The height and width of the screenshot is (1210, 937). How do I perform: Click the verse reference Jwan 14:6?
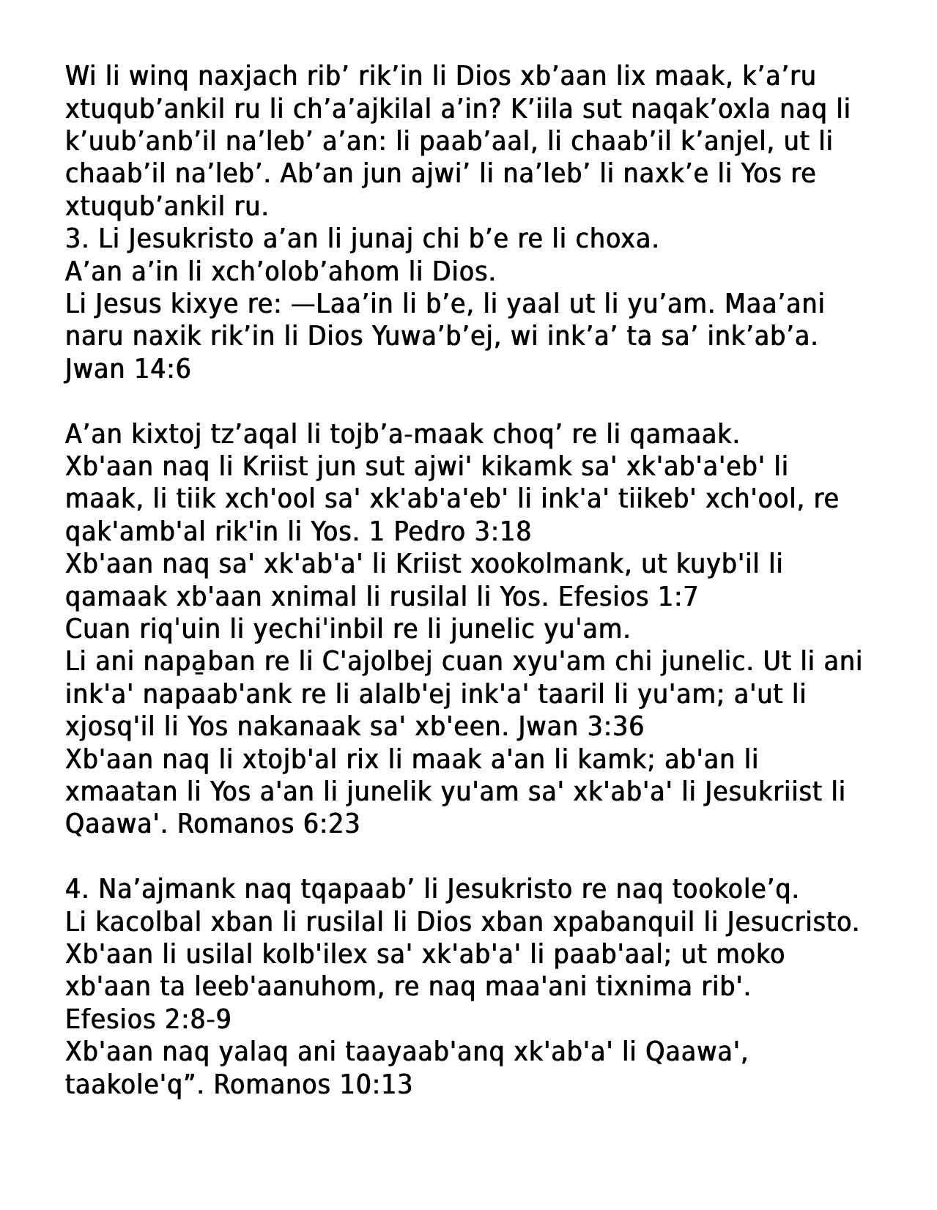coord(127,369)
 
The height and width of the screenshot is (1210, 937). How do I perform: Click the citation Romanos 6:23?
coord(268,824)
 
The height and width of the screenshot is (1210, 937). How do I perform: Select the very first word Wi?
coord(77,76)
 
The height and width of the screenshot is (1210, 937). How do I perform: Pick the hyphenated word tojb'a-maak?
coord(396,434)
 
